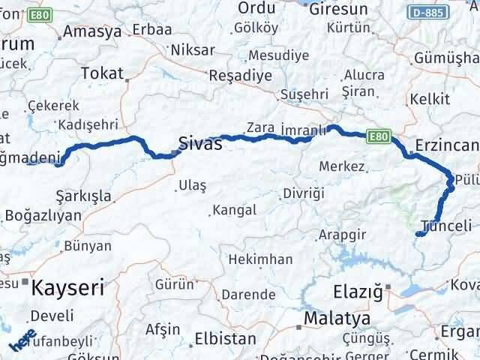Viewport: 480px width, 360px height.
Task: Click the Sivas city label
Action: (200, 144)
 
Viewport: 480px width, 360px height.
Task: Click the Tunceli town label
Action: (448, 226)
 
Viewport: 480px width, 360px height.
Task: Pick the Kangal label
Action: (234, 210)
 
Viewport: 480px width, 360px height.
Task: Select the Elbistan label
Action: (224, 338)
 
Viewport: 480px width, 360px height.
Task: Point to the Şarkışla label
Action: (84, 196)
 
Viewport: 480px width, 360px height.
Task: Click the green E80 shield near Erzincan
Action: (379, 136)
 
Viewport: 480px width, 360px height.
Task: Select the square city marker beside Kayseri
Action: (26, 282)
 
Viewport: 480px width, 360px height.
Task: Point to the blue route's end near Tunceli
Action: (417, 235)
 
